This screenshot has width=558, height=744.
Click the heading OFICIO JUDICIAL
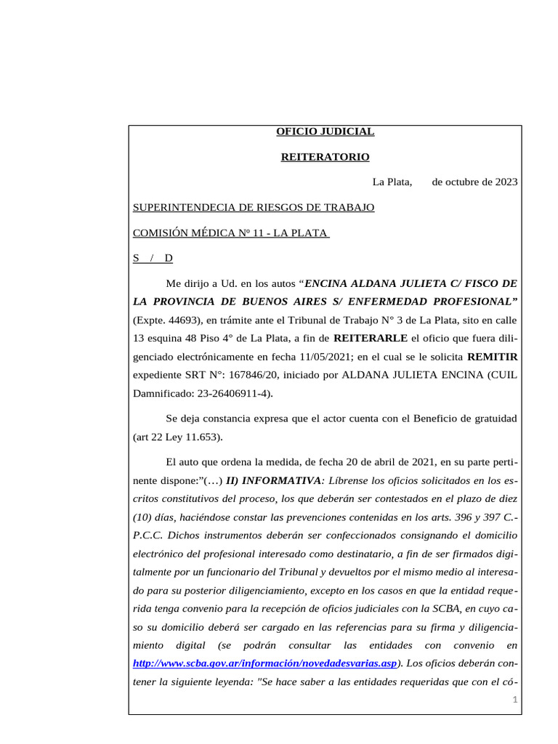click(x=325, y=132)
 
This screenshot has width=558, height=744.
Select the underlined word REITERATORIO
click(x=325, y=157)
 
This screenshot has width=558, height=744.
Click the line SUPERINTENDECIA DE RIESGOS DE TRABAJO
click(x=254, y=208)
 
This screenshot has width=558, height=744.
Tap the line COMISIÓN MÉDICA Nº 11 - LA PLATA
click(x=231, y=232)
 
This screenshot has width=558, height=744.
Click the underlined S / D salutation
click(x=153, y=258)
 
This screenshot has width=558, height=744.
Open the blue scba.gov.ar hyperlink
click(x=266, y=663)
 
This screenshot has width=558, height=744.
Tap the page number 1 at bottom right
click(x=514, y=700)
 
